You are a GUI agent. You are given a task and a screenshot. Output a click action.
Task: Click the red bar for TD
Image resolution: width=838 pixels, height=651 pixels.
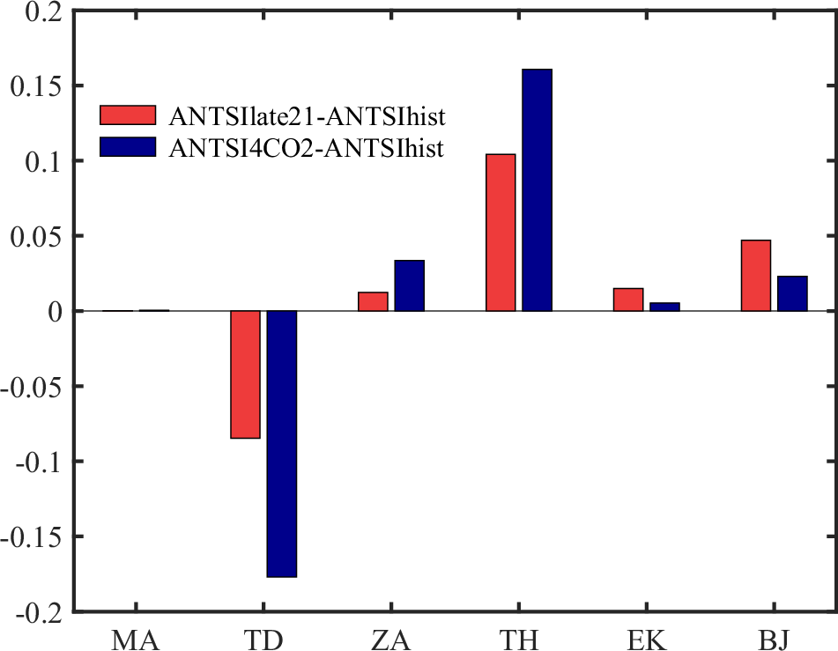[245, 374]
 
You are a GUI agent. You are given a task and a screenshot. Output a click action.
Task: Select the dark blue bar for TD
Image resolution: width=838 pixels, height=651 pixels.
[282, 443]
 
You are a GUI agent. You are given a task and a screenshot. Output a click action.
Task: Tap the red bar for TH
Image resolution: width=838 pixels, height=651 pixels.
[501, 233]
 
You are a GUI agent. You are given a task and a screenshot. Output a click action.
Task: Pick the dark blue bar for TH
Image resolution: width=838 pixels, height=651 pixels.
[537, 190]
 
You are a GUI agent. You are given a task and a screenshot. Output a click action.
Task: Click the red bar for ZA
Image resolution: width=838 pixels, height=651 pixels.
[373, 301]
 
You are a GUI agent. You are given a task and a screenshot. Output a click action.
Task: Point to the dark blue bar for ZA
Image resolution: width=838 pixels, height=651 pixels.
[410, 285]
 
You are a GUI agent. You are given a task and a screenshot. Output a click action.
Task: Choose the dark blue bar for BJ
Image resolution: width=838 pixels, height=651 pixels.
[792, 293]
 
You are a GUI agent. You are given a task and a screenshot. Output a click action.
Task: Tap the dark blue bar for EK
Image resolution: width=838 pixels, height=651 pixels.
[664, 307]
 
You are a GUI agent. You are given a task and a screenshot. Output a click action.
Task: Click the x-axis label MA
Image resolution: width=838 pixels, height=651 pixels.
[135, 636]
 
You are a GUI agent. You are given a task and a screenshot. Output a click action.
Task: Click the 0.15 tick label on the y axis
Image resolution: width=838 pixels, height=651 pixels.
[35, 85]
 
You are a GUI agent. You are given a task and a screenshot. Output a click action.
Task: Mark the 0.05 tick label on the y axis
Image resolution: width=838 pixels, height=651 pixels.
[35, 236]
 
